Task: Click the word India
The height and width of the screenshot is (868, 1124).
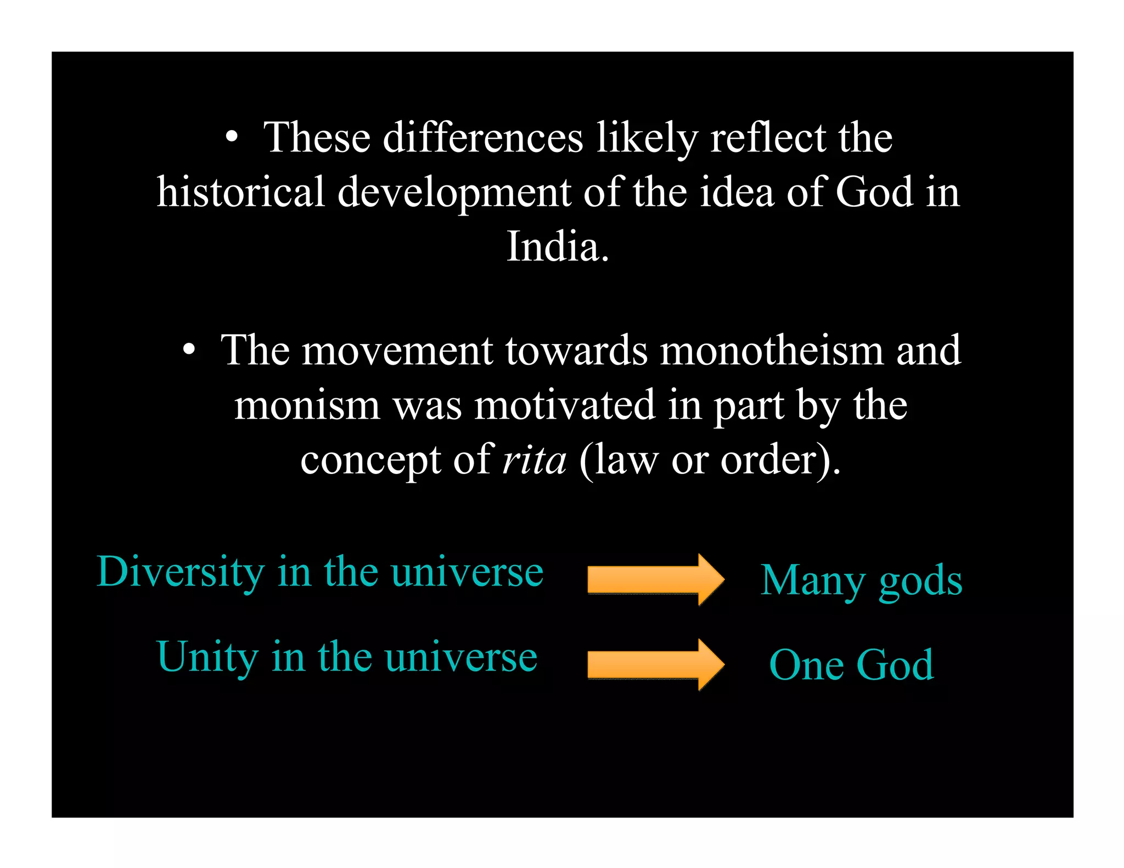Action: tap(557, 246)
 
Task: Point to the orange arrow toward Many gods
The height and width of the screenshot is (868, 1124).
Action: tap(655, 579)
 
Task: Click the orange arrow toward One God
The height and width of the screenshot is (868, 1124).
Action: tap(655, 664)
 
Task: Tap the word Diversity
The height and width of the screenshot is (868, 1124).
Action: tap(181, 572)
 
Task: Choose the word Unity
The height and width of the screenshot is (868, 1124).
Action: tap(207, 657)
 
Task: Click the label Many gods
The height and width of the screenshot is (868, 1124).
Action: tap(861, 580)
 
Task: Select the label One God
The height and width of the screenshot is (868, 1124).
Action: tap(851, 665)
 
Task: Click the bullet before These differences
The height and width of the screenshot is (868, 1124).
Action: tap(232, 137)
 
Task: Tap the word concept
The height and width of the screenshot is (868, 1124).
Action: tap(370, 461)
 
